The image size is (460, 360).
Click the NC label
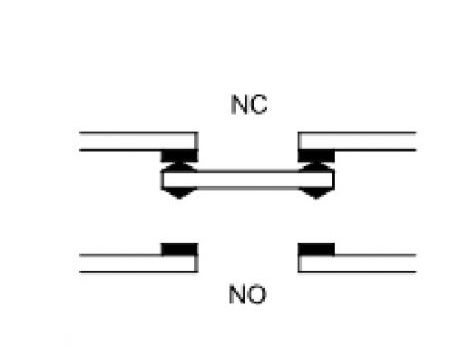click(249, 105)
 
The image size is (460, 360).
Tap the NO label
click(248, 294)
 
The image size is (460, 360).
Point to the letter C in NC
click(258, 105)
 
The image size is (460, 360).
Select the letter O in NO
click(257, 294)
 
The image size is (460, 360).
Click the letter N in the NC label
click(239, 105)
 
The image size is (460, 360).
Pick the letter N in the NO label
click(237, 294)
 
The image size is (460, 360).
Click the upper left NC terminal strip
click(139, 141)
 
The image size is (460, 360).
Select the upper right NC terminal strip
click(357, 141)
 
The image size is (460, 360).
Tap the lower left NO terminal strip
click(139, 263)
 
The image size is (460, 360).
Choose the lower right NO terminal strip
click(357, 263)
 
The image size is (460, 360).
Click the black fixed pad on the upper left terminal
click(179, 156)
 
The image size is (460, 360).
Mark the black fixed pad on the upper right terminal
click(316, 156)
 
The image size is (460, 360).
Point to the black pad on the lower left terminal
click(180, 249)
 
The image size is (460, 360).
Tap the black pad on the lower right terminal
click(316, 249)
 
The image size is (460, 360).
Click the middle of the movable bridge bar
click(247, 180)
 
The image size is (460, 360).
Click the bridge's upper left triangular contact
click(179, 167)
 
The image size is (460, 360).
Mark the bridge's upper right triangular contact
click(316, 167)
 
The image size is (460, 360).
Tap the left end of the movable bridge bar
click(161, 180)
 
